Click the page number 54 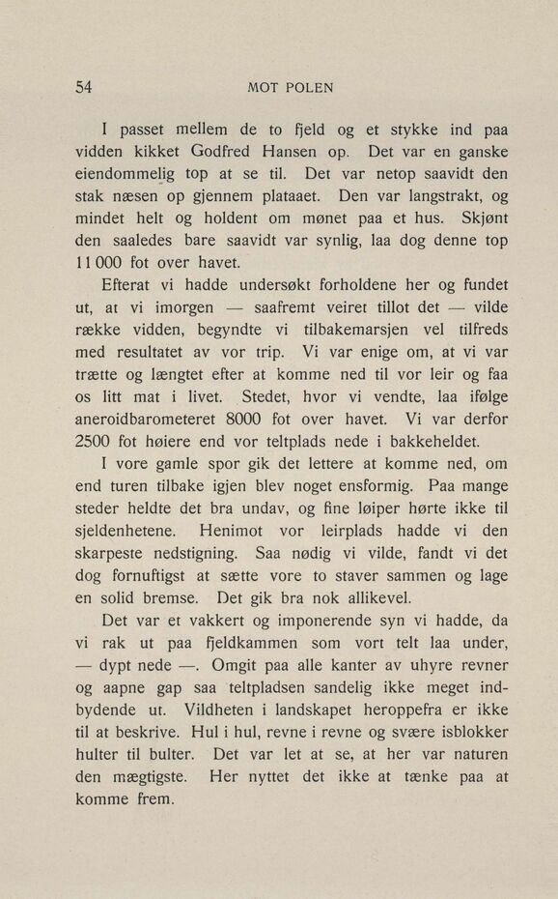coord(83,87)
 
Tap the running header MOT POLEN coord(290,88)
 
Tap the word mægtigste coord(152,777)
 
